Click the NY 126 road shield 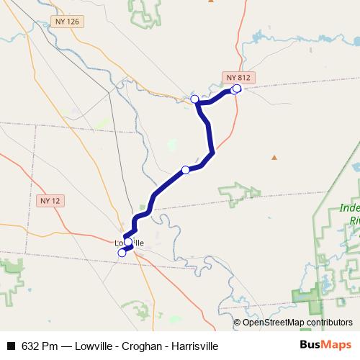[x=66, y=22]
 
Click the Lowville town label [x=130, y=243]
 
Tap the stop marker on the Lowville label [x=128, y=242]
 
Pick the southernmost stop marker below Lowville [x=122, y=253]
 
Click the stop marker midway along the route [x=186, y=169]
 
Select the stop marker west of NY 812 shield [x=194, y=99]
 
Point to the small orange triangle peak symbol [x=274, y=157]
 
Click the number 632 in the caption [x=30, y=346]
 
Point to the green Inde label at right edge [x=348, y=209]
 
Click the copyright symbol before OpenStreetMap [x=238, y=323]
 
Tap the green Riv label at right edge [x=352, y=220]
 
